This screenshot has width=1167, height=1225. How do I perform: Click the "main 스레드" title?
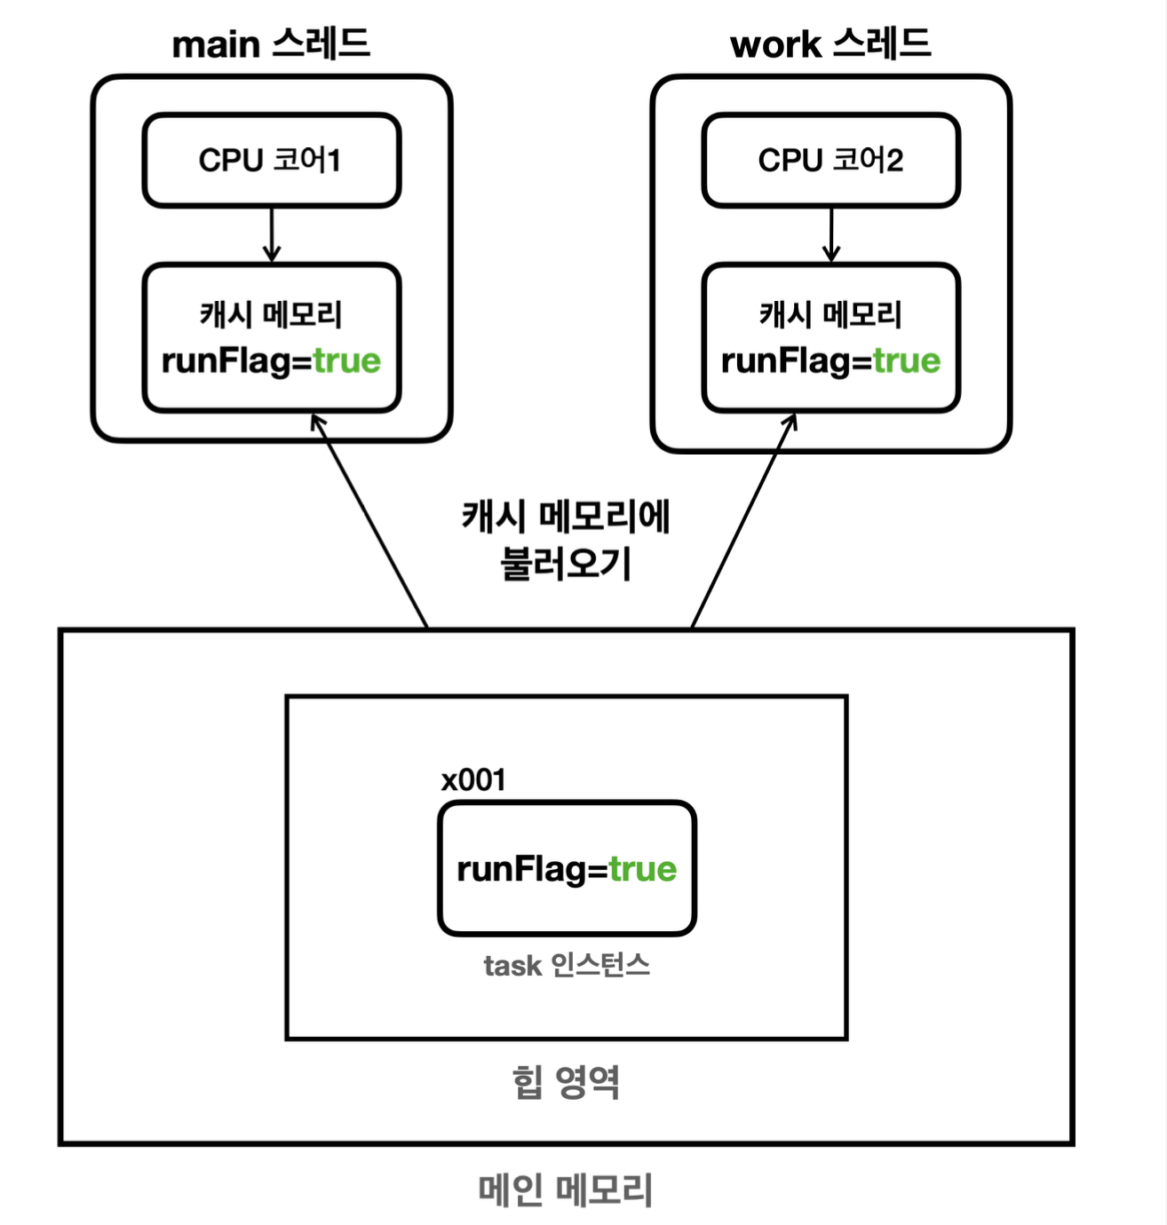271,44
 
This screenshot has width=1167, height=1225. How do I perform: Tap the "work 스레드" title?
830,44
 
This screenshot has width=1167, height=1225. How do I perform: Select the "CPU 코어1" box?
271,161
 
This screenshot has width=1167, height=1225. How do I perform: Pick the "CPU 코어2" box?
830,161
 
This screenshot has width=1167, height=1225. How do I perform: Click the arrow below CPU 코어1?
272,235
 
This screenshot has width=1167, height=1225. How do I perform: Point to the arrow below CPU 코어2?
831,235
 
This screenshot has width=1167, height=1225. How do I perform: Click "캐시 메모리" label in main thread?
271,314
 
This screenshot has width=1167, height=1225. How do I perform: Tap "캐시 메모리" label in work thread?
830,314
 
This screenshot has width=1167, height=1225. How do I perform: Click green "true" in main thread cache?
346,361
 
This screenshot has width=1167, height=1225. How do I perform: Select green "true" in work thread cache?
906,361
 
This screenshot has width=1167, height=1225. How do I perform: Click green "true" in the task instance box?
643,869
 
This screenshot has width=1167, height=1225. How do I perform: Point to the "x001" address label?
473,780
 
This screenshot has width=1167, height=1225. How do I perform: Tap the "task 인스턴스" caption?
567,966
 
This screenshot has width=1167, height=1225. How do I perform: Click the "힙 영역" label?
566,1082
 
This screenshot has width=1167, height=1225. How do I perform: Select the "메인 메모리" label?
566,1190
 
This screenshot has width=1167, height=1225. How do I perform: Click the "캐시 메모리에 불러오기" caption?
566,540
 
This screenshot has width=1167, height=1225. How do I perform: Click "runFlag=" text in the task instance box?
532,869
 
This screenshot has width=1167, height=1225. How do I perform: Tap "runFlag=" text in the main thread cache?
236,361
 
